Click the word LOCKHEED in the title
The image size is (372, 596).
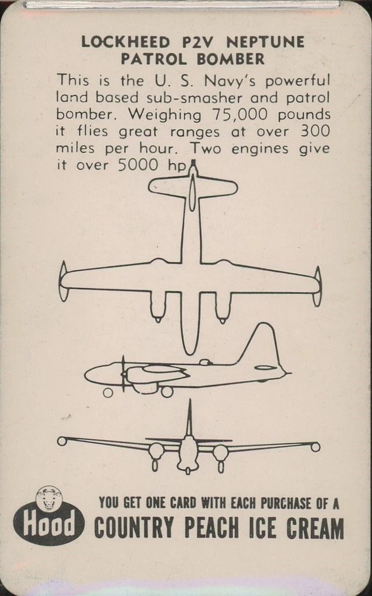tap(125, 42)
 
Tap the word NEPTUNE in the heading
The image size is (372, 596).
tap(266, 42)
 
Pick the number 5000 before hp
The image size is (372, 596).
tap(137, 165)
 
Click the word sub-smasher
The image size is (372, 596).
tap(194, 98)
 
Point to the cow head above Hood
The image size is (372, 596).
tap(49, 497)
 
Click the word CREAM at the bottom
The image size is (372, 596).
tap(315, 528)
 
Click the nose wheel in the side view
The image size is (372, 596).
tap(108, 393)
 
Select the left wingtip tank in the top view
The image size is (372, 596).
tap(63, 282)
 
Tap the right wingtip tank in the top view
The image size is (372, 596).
tap(317, 286)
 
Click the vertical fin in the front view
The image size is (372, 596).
tap(189, 418)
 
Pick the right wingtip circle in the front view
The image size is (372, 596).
tap(315, 447)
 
